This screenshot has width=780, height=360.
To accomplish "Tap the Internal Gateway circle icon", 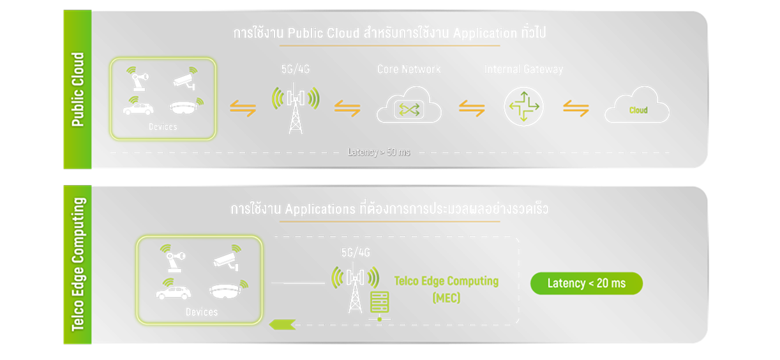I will [523, 106].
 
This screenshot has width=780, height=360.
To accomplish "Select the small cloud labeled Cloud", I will [636, 109].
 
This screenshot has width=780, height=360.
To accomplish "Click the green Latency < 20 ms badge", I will [586, 283].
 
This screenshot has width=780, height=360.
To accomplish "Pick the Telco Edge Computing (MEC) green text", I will [446, 289].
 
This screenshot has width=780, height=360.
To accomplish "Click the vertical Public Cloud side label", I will [78, 89].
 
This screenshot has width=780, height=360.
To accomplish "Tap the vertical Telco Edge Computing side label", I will [78, 264].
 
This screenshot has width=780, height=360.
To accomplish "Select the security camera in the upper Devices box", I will [186, 79].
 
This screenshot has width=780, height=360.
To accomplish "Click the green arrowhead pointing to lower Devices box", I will [281, 324].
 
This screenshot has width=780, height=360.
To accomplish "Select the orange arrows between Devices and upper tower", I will [243, 109].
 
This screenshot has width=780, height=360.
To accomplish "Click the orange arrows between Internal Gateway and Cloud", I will [575, 109].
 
